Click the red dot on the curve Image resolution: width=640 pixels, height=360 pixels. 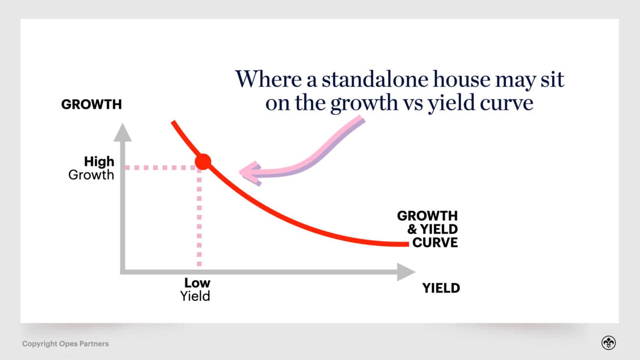click(203, 161)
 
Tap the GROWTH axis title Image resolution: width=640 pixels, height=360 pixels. click(91, 105)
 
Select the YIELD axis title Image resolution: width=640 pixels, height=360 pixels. click(441, 288)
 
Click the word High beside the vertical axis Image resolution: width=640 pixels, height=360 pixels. click(99, 161)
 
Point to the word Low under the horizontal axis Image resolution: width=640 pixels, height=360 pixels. click(197, 282)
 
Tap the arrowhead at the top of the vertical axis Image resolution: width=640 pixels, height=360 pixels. click(122, 132)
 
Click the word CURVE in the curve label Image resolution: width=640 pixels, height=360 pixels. click(435, 242)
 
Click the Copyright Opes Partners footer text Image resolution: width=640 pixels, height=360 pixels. click(65, 344)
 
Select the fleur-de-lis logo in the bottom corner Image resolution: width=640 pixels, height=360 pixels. click(608, 343)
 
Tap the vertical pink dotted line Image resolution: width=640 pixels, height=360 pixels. click(199, 219)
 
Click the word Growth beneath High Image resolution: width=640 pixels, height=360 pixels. click(91, 175)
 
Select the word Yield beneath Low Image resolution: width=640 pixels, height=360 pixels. click(195, 296)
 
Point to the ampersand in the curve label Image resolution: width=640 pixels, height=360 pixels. click(412, 229)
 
